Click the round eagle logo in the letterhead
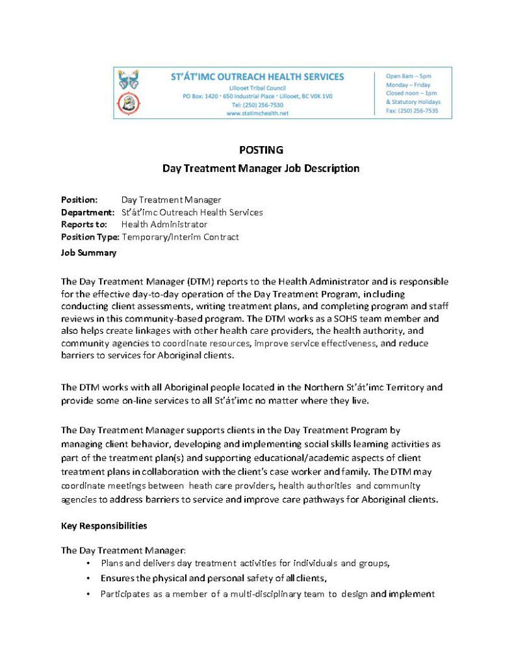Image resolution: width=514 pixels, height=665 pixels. click(127, 103)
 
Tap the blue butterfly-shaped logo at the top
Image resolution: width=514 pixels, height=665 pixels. click(127, 80)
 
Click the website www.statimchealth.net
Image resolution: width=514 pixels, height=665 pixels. click(257, 112)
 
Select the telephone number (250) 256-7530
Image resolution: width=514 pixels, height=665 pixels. click(258, 105)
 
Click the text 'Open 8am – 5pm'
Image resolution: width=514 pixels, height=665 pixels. click(408, 76)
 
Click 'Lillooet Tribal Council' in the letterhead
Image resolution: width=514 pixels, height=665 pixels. click(257, 88)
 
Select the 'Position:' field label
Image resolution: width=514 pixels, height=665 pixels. click(79, 200)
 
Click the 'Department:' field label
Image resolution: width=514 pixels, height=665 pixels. click(88, 212)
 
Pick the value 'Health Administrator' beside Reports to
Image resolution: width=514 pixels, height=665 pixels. click(164, 225)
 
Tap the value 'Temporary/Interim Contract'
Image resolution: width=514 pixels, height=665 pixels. click(180, 237)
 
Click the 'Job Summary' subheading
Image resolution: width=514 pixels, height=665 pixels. click(88, 253)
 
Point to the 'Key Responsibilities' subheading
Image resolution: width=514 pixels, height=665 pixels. click(104, 525)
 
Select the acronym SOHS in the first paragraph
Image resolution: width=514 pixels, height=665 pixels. click(348, 318)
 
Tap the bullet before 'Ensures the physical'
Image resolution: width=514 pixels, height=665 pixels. click(88, 578)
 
